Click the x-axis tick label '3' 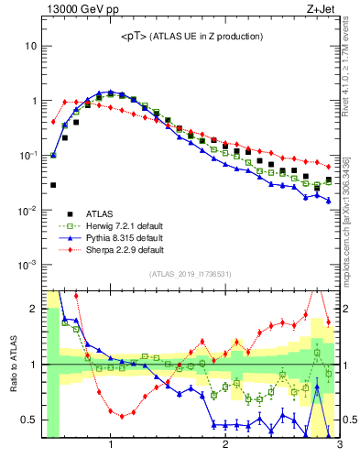(339, 445)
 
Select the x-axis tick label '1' (110, 445)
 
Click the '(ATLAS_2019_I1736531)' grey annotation (191, 274)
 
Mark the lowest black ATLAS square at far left (53, 185)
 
